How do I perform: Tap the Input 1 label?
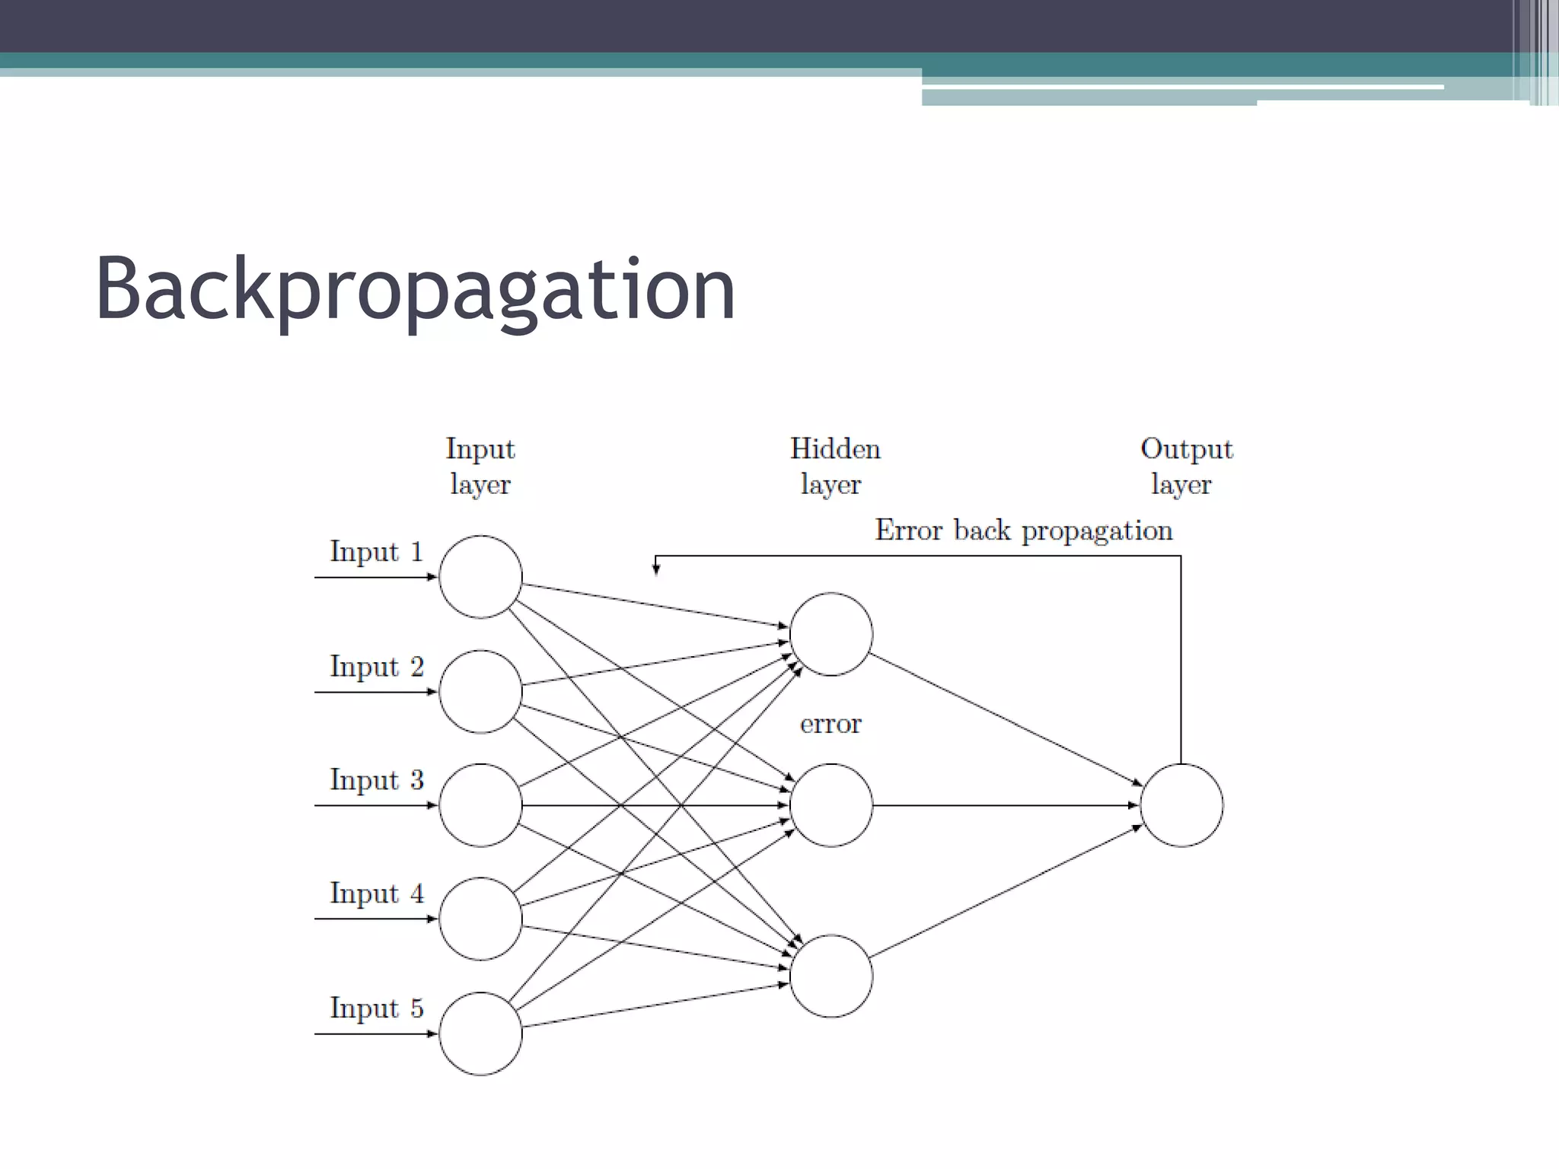click(x=376, y=552)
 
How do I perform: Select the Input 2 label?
click(x=376, y=667)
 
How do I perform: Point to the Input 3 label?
click(x=376, y=780)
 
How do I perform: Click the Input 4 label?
click(x=376, y=893)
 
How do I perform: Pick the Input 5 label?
click(x=376, y=1008)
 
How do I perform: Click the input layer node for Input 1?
click(x=480, y=577)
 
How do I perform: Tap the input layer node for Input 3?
click(x=480, y=805)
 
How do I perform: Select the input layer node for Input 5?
click(x=480, y=1034)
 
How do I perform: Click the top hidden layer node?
click(x=831, y=634)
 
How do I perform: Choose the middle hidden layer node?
click(x=831, y=805)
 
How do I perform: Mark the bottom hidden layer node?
click(x=831, y=976)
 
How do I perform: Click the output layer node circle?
click(x=1181, y=805)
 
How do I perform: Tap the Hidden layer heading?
click(x=834, y=466)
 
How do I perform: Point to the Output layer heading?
click(x=1185, y=466)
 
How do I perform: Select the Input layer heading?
click(x=480, y=466)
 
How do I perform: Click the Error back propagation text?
click(x=1023, y=530)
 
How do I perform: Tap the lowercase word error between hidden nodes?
click(x=831, y=723)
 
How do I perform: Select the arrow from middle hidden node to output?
click(x=1005, y=805)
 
